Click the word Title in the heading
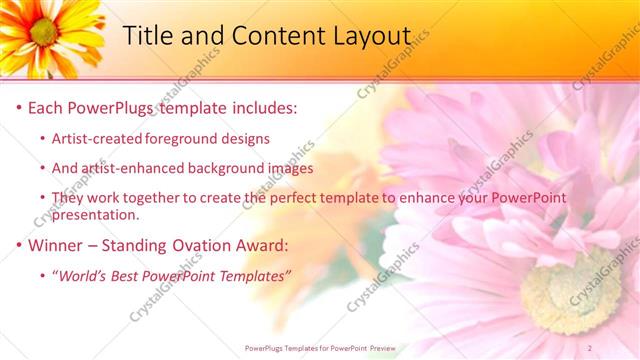tap(147, 36)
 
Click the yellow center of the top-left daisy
tap(43, 32)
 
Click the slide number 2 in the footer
tap(619, 348)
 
